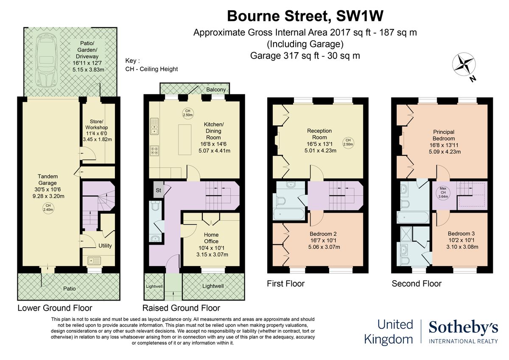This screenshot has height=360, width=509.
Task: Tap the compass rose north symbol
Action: pyautogui.click(x=464, y=64)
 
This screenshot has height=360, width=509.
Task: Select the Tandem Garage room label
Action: pyautogui.click(x=48, y=180)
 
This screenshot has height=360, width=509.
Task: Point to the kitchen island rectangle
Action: pyautogui.click(x=185, y=139)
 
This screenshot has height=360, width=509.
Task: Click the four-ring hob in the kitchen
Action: pyautogui.click(x=154, y=151)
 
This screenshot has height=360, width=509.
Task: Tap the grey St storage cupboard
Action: pyautogui.click(x=158, y=190)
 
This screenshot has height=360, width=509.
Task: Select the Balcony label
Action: pyautogui.click(x=216, y=90)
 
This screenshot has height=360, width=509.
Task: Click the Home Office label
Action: pyautogui.click(x=211, y=238)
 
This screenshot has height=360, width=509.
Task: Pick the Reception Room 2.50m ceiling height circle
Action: pyautogui.click(x=348, y=143)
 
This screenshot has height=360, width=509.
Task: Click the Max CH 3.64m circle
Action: pyautogui.click(x=443, y=193)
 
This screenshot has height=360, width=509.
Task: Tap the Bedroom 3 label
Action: pyautogui.click(x=461, y=233)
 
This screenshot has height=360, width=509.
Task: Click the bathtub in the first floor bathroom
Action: pyautogui.click(x=289, y=214)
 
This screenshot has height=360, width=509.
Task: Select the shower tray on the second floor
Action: pyautogui.click(x=406, y=234)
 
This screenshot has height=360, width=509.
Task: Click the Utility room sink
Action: pyautogui.click(x=94, y=261)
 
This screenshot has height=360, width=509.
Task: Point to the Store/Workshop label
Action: pyautogui.click(x=97, y=124)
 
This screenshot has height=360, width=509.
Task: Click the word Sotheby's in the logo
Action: pyautogui.click(x=463, y=328)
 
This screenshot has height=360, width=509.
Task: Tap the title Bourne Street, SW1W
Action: pyautogui.click(x=305, y=16)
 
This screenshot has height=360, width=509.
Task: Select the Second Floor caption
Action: pyautogui.click(x=417, y=284)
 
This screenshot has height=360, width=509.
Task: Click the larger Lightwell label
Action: pyautogui.click(x=213, y=286)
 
